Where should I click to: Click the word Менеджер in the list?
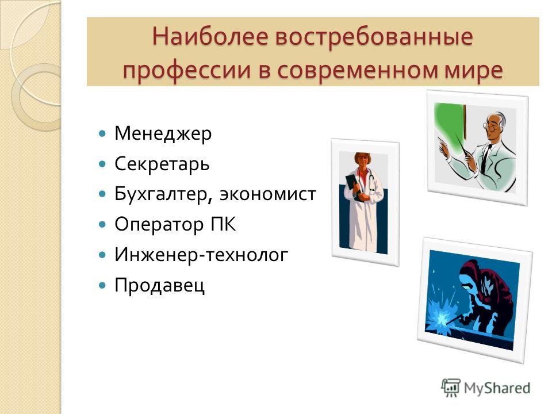[x=163, y=134]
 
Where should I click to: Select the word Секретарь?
[x=162, y=164]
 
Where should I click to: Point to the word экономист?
[x=268, y=194]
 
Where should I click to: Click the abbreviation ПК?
[x=223, y=224]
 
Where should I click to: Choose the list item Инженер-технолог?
[x=201, y=255]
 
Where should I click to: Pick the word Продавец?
[x=159, y=285]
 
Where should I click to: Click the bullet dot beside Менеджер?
[x=102, y=134]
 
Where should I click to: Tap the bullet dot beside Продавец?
[x=102, y=285]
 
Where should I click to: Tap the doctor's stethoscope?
[x=371, y=180]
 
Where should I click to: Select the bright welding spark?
[x=442, y=319]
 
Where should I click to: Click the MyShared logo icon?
[x=451, y=388]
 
